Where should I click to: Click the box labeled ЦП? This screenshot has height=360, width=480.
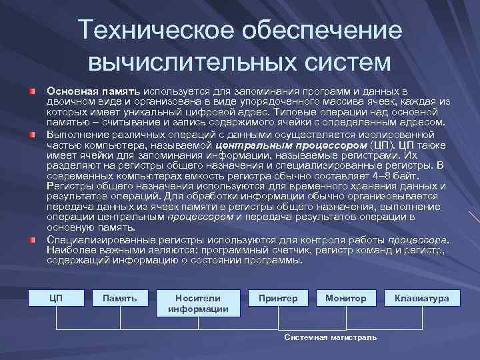[x=56, y=298]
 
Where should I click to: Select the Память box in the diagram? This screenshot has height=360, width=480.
[x=120, y=298]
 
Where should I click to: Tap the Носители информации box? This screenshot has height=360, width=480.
[x=198, y=303]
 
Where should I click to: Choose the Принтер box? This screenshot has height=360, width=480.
[x=278, y=298]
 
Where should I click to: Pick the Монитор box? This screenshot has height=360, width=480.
[x=345, y=298]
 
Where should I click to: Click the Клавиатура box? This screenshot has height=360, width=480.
[x=422, y=298]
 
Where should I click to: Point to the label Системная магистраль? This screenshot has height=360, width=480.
[x=330, y=337]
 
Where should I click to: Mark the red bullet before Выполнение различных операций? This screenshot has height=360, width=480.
[x=31, y=134]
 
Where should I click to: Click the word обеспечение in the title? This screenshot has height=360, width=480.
[x=314, y=31]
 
